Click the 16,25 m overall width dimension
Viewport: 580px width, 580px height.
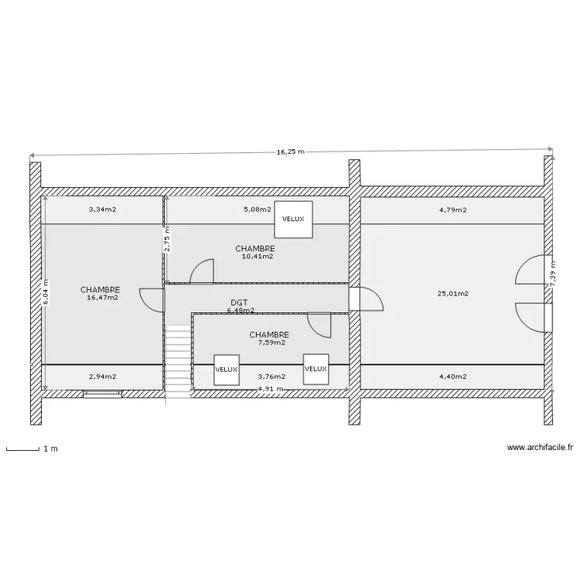coord(290,152)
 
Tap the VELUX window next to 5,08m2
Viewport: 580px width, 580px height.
coord(293,219)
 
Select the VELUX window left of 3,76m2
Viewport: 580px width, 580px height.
coord(227,370)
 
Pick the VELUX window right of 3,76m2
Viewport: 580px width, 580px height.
coord(316,369)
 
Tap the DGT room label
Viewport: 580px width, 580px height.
coord(239,303)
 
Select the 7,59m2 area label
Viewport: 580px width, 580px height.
coord(271,342)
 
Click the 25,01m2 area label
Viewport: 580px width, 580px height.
coord(452,293)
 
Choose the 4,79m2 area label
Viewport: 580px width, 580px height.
coord(452,210)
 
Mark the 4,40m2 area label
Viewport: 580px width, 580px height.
coord(452,377)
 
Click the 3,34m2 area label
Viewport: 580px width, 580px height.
coord(102,210)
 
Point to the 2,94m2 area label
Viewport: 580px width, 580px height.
coord(102,377)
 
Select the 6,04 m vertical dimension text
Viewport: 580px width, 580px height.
coord(46,292)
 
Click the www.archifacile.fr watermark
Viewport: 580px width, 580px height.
coord(540,447)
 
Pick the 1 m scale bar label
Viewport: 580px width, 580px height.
coord(51,449)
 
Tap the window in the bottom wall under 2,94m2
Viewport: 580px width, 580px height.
coord(102,393)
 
